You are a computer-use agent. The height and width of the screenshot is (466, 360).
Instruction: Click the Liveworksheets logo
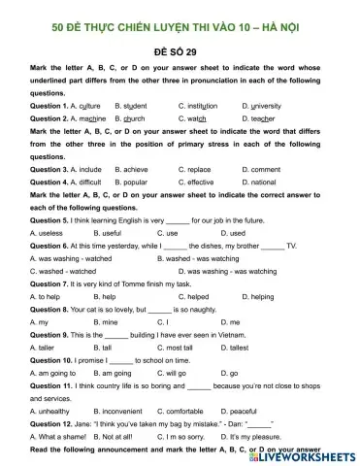[x=311, y=455]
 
